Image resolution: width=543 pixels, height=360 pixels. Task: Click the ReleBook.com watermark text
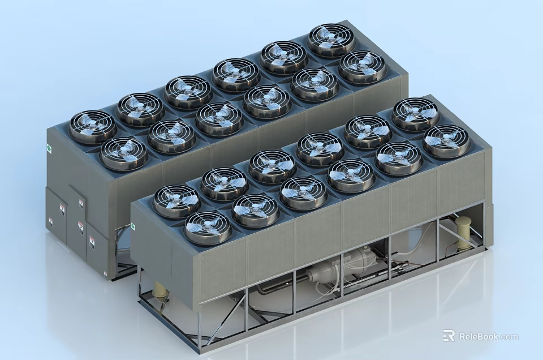(x=488, y=336)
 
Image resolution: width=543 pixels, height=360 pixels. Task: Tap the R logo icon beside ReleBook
(x=449, y=336)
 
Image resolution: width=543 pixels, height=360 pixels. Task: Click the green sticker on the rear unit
(x=49, y=149)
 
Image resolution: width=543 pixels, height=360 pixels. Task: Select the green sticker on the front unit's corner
(x=134, y=226)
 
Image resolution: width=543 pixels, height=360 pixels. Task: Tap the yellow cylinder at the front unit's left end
(x=161, y=290)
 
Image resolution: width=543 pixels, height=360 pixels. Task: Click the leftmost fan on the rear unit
(x=92, y=126)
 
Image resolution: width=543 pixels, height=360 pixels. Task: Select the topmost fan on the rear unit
(x=331, y=40)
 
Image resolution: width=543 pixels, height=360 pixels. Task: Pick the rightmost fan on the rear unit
(x=363, y=66)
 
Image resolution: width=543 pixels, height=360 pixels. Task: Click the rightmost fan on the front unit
(x=447, y=140)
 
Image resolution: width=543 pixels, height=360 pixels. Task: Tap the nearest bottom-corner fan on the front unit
(x=207, y=227)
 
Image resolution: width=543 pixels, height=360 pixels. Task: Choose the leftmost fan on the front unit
(x=176, y=201)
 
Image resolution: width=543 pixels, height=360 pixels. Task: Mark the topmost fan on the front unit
(x=415, y=113)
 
